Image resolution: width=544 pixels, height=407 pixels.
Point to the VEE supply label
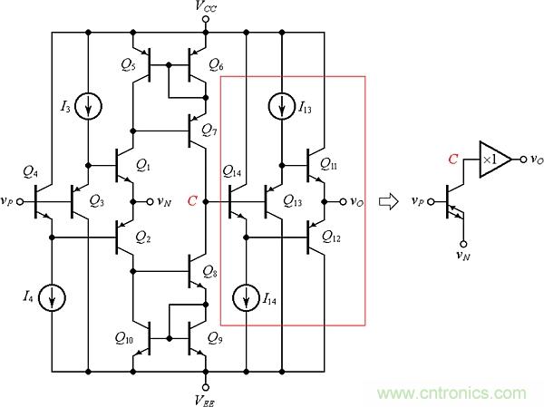[x=207, y=396]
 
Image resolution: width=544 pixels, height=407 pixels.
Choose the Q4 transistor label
[x=30, y=172]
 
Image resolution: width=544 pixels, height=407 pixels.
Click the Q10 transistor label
[x=124, y=340]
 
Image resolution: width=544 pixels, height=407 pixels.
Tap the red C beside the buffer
[x=454, y=160]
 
